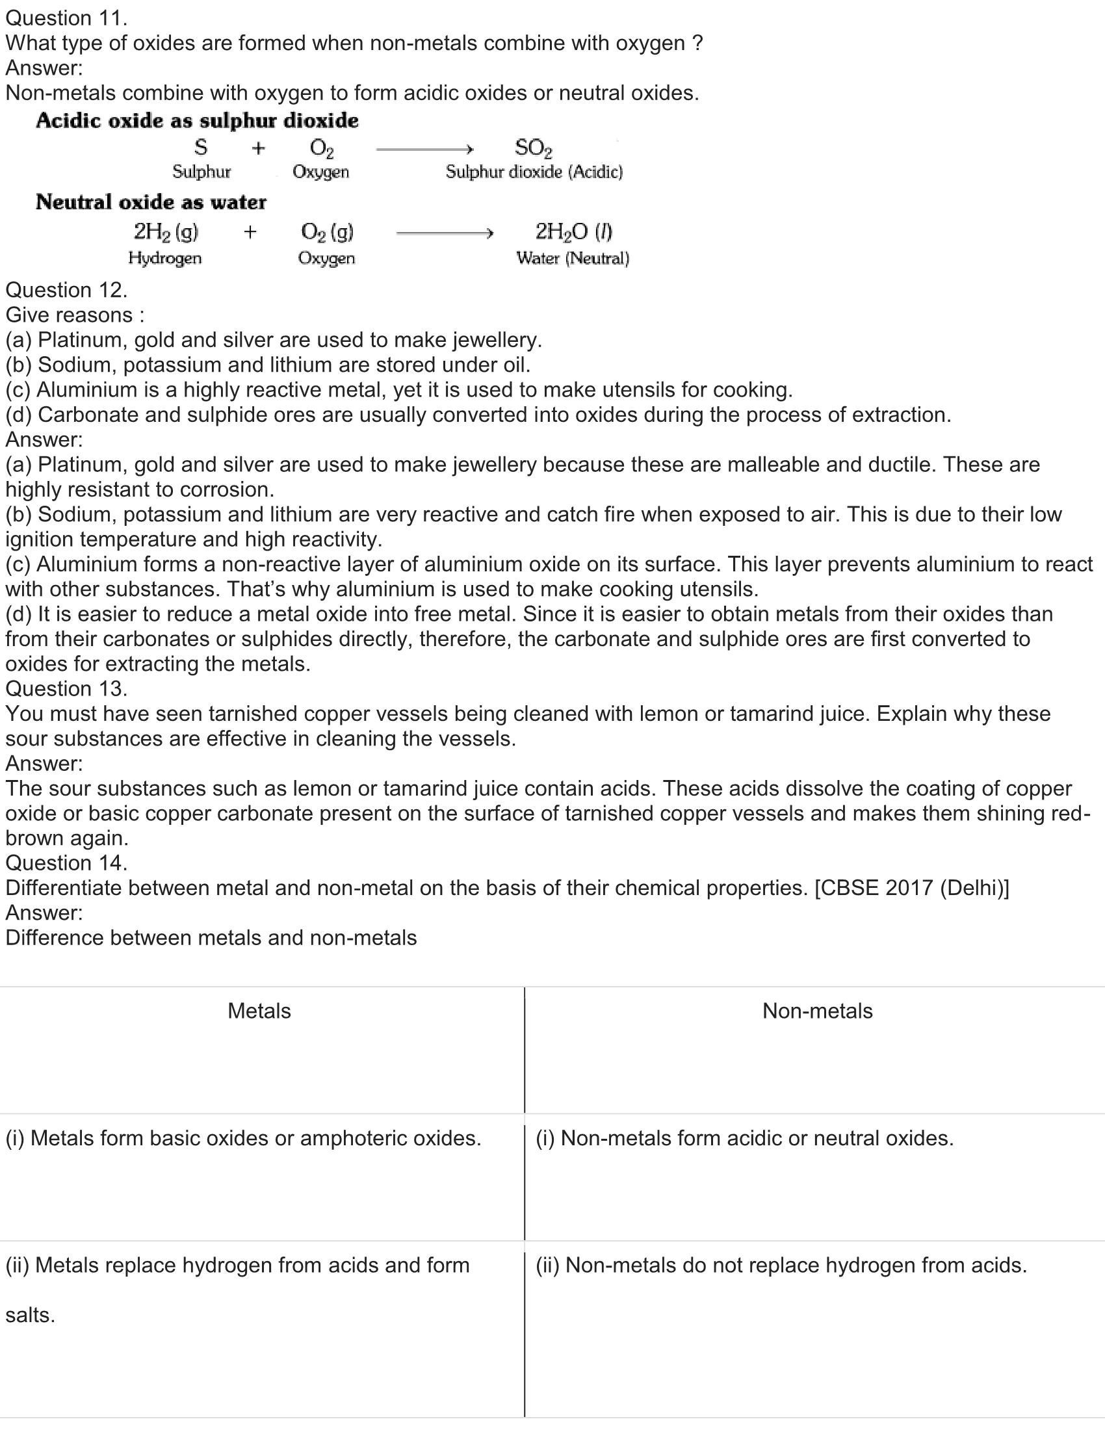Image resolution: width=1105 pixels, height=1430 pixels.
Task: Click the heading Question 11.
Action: point(66,18)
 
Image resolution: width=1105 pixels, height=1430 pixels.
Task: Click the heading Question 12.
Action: point(66,290)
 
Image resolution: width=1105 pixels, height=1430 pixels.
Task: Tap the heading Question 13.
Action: point(66,689)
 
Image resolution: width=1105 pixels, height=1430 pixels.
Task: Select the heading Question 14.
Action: point(66,863)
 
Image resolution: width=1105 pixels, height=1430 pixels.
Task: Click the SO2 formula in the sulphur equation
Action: point(533,149)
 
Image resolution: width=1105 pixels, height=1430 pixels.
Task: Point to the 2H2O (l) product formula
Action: point(573,232)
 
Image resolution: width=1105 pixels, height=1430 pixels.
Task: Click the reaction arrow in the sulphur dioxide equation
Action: point(424,149)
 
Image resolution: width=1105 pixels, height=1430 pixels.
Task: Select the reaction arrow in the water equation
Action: point(445,233)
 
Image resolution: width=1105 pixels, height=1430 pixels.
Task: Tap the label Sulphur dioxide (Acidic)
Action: point(534,172)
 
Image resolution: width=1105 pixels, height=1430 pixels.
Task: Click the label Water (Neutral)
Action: point(572,259)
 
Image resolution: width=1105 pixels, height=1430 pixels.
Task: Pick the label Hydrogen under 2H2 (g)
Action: point(165,258)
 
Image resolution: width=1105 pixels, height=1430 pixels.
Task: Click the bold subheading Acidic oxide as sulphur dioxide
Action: point(197,120)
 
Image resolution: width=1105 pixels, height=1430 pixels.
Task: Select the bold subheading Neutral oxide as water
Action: point(151,201)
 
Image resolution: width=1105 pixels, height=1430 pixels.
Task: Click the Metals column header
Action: point(259,1011)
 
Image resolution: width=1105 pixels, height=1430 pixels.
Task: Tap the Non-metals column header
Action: point(817,1011)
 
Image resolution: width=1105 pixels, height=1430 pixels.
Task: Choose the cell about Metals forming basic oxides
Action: point(244,1138)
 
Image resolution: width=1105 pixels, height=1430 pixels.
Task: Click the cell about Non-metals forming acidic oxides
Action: point(744,1138)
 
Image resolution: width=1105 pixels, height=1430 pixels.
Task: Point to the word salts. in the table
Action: point(30,1316)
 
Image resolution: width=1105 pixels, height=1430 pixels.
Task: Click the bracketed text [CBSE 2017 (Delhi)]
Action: point(911,888)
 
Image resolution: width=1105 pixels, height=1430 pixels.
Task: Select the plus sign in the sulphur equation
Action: point(259,149)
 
